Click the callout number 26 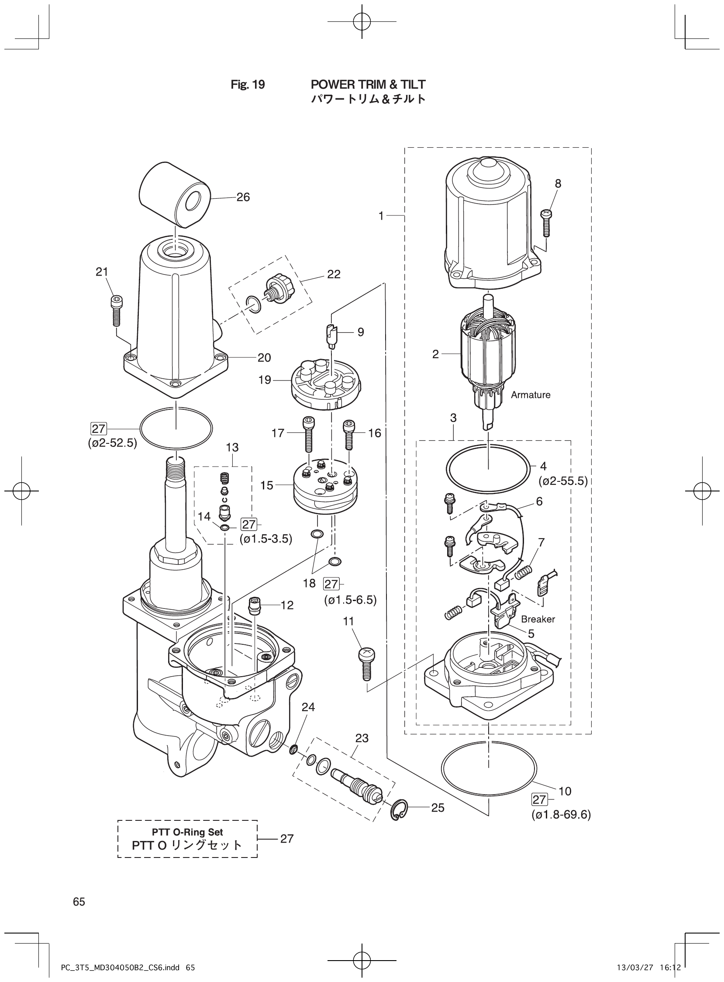[243, 197]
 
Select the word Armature [530, 394]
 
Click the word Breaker [538, 619]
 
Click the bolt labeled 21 [116, 311]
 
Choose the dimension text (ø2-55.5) [563, 481]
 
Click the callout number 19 [265, 380]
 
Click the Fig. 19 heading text [248, 84]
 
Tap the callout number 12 [287, 605]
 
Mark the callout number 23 [362, 738]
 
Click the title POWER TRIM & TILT [368, 84]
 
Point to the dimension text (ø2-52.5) [112, 443]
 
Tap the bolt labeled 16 [349, 435]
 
